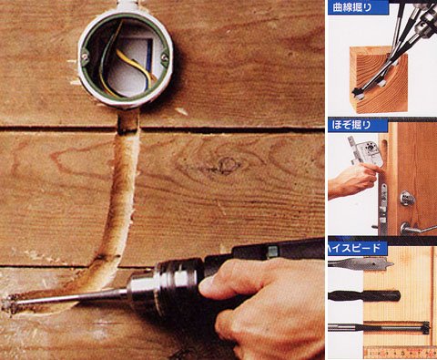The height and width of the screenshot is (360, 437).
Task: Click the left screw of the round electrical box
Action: point(85,57)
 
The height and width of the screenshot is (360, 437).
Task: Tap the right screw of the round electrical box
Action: point(165,56)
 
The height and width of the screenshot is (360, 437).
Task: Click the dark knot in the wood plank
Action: point(225,166)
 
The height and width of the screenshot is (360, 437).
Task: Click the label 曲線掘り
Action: point(352,7)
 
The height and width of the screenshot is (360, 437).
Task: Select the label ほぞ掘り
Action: point(351,125)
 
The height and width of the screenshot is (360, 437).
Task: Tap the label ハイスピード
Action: point(354,249)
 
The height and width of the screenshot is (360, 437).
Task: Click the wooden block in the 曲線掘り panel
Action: point(380,79)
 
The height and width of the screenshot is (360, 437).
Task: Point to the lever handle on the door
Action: point(419,229)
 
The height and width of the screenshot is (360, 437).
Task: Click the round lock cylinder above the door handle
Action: point(408,199)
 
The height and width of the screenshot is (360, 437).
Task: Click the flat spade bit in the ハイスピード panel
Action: point(361,263)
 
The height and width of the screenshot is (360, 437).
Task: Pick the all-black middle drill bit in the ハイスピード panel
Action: point(364,295)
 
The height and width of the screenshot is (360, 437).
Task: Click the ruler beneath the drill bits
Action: point(401,352)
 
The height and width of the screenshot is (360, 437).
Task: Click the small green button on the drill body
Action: point(272,251)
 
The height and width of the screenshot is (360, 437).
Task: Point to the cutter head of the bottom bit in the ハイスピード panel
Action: point(425,328)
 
